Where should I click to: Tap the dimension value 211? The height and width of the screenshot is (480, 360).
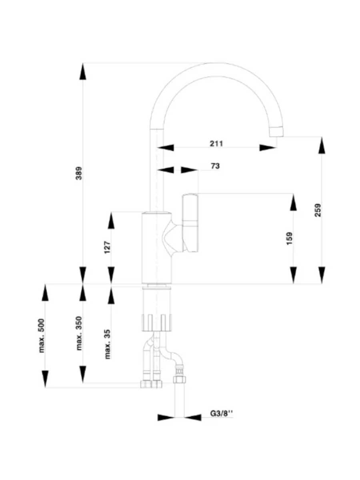point(216,144)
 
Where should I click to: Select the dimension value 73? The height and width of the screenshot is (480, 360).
point(215,166)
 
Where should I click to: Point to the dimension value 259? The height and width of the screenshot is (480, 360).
point(318,210)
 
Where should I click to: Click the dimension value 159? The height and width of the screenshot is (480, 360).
point(289,238)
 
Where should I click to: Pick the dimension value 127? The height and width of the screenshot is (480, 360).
point(108,247)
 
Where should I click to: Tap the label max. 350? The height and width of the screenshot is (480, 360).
point(79,333)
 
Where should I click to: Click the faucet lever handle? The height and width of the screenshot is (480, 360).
point(190,223)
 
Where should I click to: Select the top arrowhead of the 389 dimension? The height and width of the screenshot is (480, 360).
point(83,71)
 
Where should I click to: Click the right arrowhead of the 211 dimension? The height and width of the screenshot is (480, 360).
point(268,148)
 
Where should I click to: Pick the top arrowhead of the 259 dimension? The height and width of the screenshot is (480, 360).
point(322,145)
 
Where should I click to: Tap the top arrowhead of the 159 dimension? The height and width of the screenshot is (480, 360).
point(293,202)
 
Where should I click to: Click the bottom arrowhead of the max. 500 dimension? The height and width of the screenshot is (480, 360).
point(45,379)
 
